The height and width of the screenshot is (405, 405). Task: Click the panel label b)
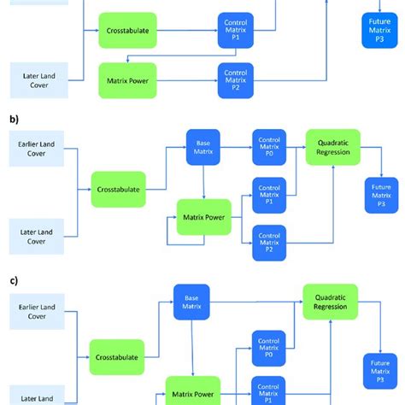tap(13, 120)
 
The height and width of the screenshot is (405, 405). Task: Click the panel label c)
tap(13, 279)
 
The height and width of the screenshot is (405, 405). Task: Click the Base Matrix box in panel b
tap(203, 145)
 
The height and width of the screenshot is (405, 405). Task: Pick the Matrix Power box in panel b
tap(204, 217)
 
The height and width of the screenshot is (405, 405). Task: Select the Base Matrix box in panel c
tap(191, 304)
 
